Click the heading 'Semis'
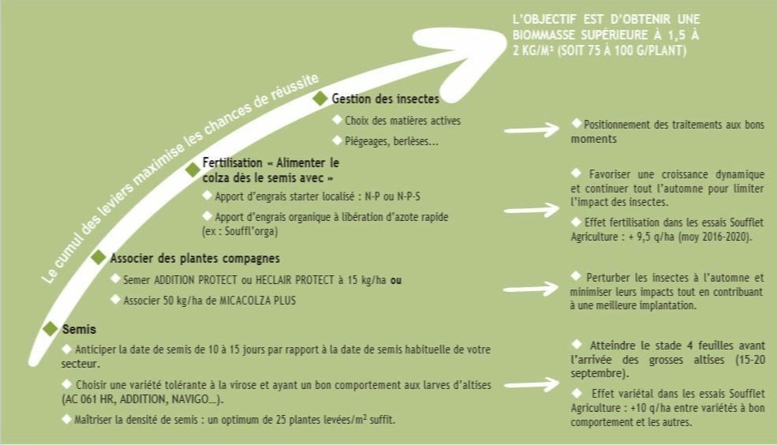[79, 329]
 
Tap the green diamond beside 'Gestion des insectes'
[320, 98]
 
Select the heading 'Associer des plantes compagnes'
[195, 258]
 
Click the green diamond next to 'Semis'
[50, 328]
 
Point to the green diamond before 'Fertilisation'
[192, 169]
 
